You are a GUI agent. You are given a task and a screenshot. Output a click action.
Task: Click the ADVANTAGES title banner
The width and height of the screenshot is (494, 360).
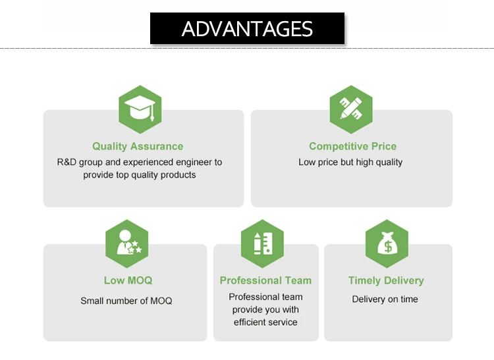(x=247, y=29)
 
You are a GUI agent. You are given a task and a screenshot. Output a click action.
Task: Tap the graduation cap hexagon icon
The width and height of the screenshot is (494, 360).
(x=140, y=109)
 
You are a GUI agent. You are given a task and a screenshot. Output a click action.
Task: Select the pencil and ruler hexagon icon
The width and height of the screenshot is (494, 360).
(x=350, y=109)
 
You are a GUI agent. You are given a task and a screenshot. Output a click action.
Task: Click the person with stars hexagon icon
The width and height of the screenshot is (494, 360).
(x=127, y=244)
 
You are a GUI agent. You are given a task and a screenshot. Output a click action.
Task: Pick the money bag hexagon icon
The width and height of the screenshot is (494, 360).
(x=386, y=244)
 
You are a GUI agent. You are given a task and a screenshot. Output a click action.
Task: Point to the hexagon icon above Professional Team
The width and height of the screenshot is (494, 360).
(x=262, y=244)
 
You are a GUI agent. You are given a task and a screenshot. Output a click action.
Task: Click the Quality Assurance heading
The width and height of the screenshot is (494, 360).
(x=138, y=146)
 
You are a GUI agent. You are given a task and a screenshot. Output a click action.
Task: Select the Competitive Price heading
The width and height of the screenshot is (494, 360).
(x=352, y=146)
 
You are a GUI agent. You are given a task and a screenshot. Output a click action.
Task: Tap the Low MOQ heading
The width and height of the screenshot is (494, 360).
(x=128, y=280)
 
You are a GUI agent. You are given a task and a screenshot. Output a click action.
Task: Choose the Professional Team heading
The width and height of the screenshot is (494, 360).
(x=265, y=280)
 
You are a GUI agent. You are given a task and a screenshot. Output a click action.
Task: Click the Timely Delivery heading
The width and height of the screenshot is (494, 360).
(x=386, y=280)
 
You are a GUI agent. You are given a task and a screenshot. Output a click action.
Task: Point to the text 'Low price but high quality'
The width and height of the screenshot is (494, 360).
(x=350, y=162)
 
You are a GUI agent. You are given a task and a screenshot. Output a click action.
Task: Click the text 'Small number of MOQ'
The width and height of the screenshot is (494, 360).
(x=126, y=301)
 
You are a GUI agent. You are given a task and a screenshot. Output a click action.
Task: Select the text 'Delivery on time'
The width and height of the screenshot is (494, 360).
(x=385, y=299)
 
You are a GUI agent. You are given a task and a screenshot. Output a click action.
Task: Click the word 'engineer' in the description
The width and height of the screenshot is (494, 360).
(x=193, y=162)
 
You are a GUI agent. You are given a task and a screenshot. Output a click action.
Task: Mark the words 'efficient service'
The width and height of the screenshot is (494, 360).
(x=265, y=322)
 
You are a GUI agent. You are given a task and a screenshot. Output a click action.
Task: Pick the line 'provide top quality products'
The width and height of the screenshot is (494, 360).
(x=140, y=175)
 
